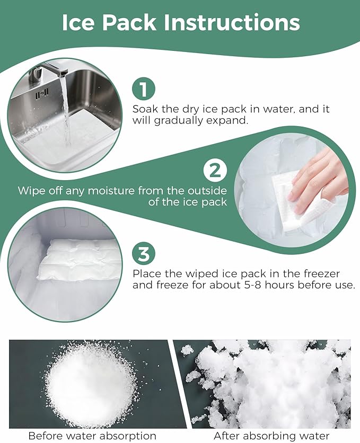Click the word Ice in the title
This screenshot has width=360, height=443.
click(77, 22)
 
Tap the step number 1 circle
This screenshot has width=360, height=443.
click(144, 88)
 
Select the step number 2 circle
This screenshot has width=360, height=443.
click(215, 170)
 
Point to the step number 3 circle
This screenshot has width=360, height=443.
click(144, 253)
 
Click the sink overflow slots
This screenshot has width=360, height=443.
click(42, 93)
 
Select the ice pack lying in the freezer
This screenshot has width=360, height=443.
click(76, 259)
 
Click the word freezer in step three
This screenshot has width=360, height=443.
click(322, 273)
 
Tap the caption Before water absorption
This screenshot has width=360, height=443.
click(92, 436)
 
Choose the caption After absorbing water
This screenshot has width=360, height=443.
click(271, 436)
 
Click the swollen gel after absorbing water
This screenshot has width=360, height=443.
click(271, 384)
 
